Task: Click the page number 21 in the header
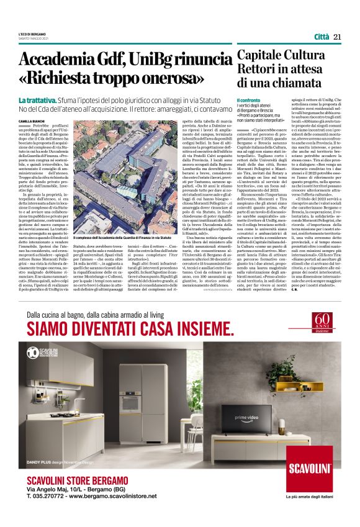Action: click(337, 37)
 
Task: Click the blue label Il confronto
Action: click(248, 100)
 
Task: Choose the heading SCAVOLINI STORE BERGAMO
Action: click(78, 482)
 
